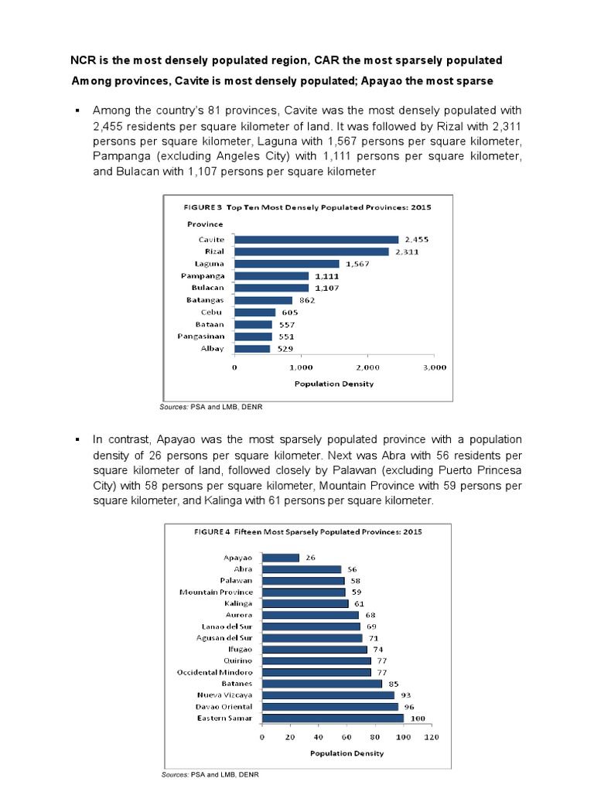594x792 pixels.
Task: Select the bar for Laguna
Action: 286,264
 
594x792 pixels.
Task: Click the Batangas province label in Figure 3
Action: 205,300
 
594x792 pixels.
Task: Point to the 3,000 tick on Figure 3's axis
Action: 435,368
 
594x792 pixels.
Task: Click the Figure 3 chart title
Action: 306,207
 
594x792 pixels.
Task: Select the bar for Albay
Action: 252,348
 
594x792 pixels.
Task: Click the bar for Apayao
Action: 281,558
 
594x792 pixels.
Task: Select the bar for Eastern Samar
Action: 333,719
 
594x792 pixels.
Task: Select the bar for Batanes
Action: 322,684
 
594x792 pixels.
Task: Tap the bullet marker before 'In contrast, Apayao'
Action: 77,439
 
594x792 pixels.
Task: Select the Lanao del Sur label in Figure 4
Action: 219,626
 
